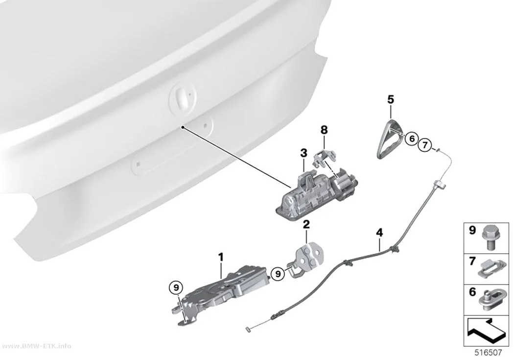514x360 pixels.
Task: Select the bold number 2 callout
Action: click(306, 225)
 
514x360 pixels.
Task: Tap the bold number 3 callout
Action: click(304, 153)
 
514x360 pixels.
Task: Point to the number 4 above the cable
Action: click(379, 233)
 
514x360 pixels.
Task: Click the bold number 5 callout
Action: click(391, 99)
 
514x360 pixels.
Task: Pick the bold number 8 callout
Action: click(324, 130)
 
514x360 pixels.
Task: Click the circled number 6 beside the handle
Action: click(412, 139)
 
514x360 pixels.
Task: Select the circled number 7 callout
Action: click(424, 144)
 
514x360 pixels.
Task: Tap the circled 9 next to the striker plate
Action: click(278, 273)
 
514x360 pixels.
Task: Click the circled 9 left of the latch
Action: click(176, 288)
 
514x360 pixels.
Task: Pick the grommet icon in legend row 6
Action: click(490, 299)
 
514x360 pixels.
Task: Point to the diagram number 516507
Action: click(488, 353)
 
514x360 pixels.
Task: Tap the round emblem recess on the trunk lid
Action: click(183, 98)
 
